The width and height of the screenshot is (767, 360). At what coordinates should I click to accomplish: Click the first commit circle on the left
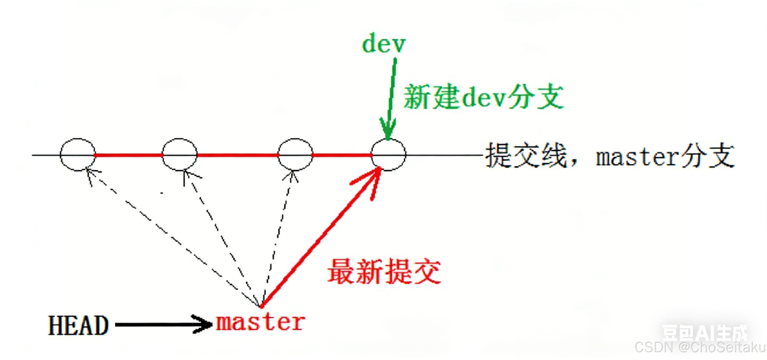tap(78, 154)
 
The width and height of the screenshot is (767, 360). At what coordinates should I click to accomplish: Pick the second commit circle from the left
tap(180, 154)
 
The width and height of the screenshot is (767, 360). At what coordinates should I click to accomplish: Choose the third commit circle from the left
tap(295, 154)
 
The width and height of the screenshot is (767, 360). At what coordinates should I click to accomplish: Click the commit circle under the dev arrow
tap(388, 154)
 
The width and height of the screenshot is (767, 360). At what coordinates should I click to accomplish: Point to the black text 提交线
tap(526, 155)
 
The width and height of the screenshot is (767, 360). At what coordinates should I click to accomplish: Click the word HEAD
tap(78, 325)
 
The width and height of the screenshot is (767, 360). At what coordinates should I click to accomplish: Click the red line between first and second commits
tap(129, 155)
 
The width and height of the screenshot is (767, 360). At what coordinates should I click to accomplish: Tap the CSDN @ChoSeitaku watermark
tap(700, 347)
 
